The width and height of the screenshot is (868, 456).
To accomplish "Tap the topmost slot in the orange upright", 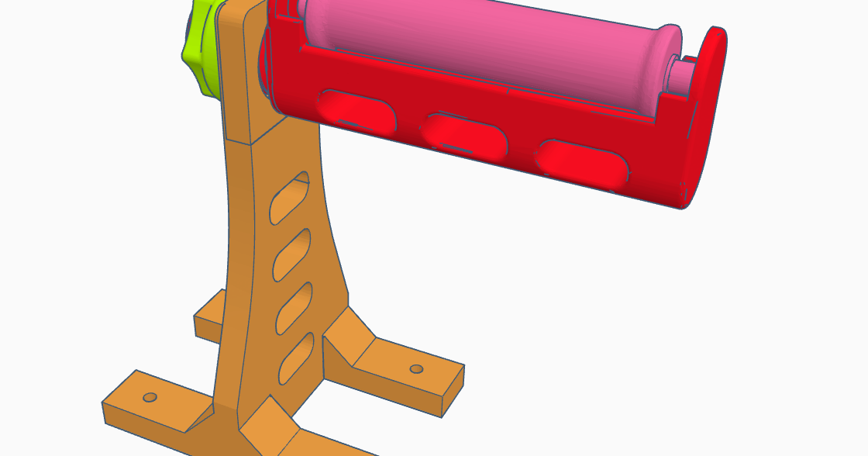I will [288, 199].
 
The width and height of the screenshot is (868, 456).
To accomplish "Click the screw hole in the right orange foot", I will [416, 368].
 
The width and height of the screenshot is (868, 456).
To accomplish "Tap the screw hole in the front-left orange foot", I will [150, 397].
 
